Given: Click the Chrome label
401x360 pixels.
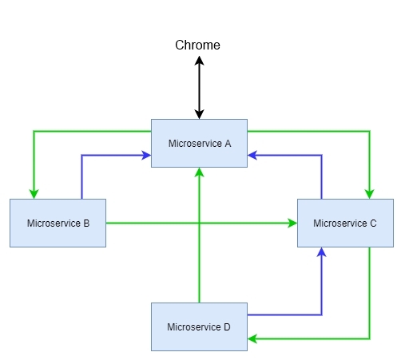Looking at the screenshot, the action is pyautogui.click(x=197, y=45).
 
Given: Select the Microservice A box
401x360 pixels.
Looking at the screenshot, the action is pyautogui.click(x=199, y=143).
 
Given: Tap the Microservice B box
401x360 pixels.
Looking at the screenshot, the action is pyautogui.click(x=58, y=223).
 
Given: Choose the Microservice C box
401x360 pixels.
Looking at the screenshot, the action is pyautogui.click(x=345, y=223).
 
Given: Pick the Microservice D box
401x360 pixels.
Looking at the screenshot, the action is pyautogui.click(x=199, y=326).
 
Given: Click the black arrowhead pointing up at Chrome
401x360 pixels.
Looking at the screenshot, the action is pyautogui.click(x=199, y=61).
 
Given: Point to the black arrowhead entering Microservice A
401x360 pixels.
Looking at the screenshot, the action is pyautogui.click(x=199, y=114).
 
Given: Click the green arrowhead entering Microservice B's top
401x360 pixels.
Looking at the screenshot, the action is pyautogui.click(x=34, y=194).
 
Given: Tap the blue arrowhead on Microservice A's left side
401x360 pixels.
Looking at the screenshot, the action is pyautogui.click(x=146, y=155).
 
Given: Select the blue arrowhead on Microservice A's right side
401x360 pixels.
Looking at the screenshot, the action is pyautogui.click(x=252, y=155).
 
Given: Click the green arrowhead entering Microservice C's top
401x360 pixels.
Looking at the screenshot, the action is pyautogui.click(x=369, y=194).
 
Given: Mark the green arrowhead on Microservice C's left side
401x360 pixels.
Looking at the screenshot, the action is pyautogui.click(x=292, y=223).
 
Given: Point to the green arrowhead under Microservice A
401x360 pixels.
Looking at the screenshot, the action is pyautogui.click(x=199, y=172).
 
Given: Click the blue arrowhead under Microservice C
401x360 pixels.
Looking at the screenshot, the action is pyautogui.click(x=322, y=252).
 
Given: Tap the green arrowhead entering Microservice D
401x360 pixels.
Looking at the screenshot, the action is pyautogui.click(x=252, y=338).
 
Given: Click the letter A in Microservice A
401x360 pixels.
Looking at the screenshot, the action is pyautogui.click(x=228, y=144).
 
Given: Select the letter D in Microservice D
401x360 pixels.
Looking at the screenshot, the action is pyautogui.click(x=227, y=327).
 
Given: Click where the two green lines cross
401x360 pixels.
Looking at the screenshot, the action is pyautogui.click(x=199, y=223).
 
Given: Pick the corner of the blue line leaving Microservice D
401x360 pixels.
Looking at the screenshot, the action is pyautogui.click(x=322, y=315).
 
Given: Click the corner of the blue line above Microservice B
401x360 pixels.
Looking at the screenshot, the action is pyautogui.click(x=81, y=155).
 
